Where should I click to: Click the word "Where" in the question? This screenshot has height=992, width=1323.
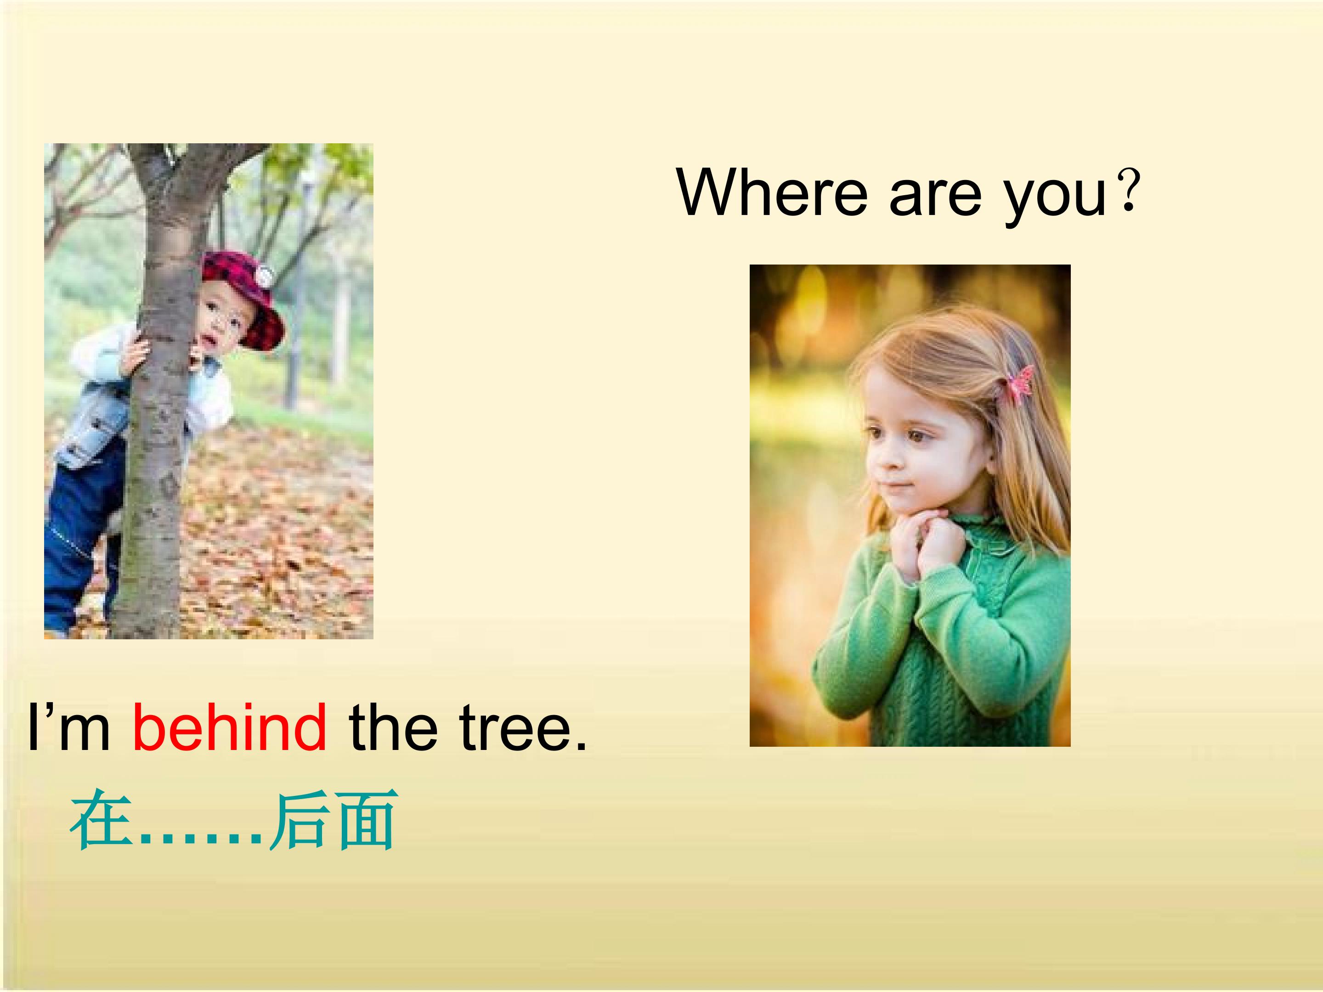[772, 193]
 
